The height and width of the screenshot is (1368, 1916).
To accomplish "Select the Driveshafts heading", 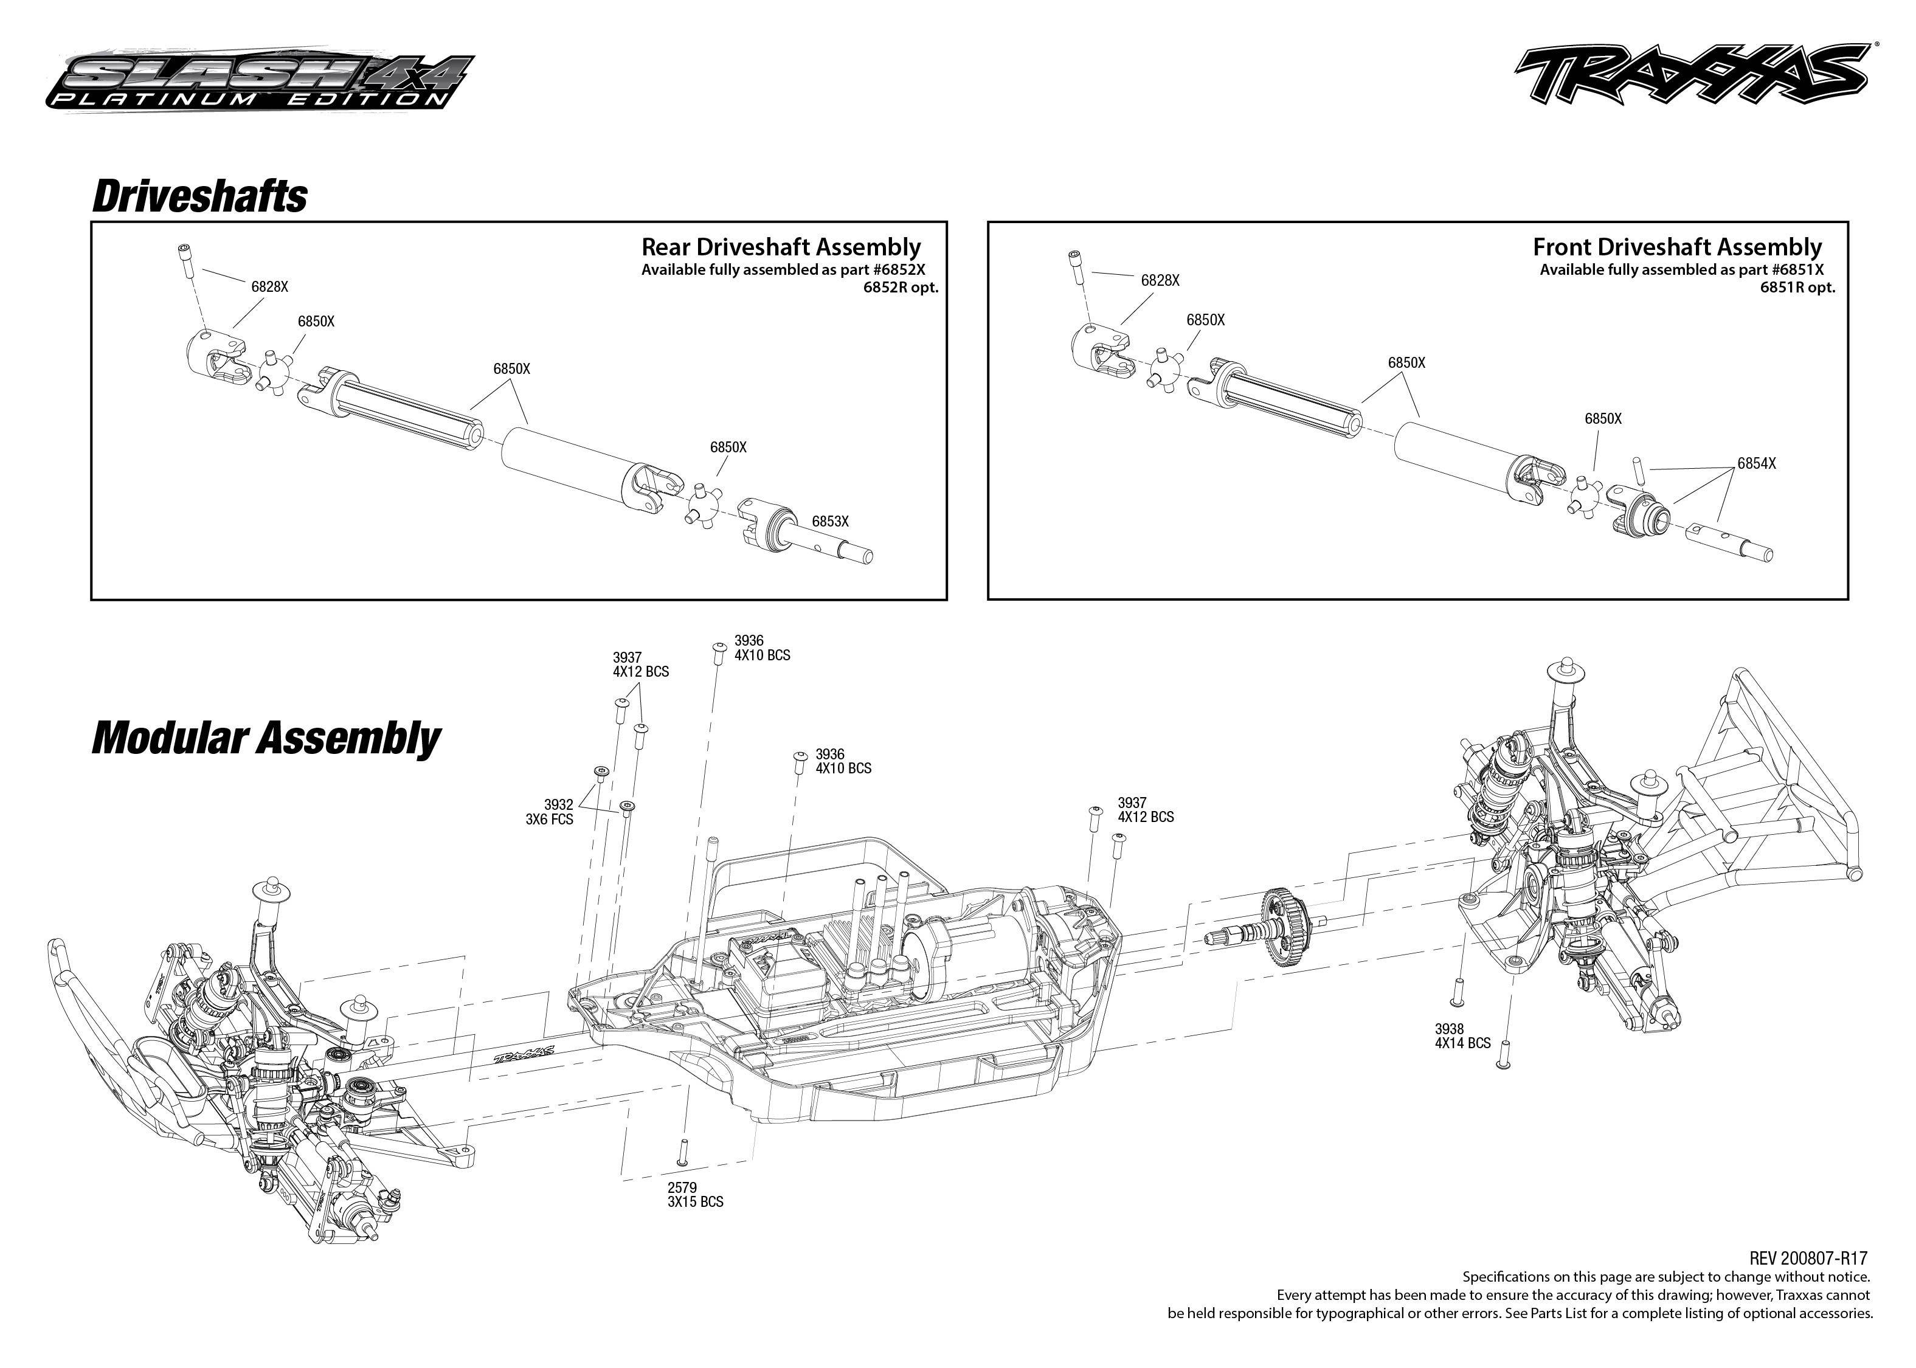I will pyautogui.click(x=199, y=196).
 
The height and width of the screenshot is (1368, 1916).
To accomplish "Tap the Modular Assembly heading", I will pyautogui.click(x=265, y=738).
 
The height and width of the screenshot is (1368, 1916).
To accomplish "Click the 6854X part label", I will pyautogui.click(x=1756, y=463).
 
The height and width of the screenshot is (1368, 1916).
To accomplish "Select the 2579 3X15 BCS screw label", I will pyautogui.click(x=695, y=1195).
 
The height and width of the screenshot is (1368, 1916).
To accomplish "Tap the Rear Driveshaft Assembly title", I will pyautogui.click(x=781, y=247).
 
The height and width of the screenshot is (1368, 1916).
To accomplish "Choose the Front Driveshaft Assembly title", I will pyautogui.click(x=1677, y=247).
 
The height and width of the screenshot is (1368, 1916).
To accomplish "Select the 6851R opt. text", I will pyautogui.click(x=1797, y=287).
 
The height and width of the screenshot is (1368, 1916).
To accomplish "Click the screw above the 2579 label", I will pyautogui.click(x=683, y=1151).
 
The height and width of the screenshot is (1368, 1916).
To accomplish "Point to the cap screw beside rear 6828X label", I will pyautogui.click(x=185, y=260).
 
